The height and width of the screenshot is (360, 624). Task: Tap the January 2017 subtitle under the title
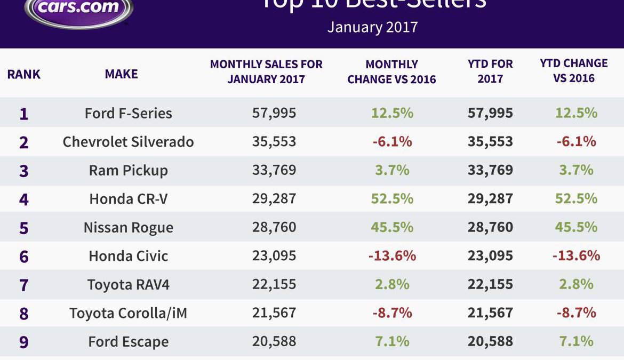coord(372,27)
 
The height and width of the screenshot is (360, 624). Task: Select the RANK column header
coord(23,74)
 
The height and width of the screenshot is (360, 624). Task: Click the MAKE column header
coord(121,74)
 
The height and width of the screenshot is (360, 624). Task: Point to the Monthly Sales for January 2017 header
coord(266,72)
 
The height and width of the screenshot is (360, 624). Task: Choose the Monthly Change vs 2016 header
coord(391,72)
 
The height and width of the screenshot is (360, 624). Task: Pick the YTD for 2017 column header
coord(490,71)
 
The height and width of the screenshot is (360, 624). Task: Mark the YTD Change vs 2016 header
coord(574,70)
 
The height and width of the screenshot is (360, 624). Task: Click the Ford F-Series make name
coord(128,113)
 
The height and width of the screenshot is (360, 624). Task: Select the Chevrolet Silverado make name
coord(128,142)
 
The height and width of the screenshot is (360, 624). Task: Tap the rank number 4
coord(23,199)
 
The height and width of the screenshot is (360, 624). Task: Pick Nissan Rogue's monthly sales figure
coord(274,227)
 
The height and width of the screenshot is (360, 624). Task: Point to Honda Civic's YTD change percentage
coord(576,255)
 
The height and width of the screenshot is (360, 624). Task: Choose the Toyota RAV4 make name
coord(128,284)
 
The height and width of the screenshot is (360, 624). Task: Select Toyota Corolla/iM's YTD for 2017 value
coord(490,313)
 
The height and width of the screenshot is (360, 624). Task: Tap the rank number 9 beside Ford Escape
coord(23,342)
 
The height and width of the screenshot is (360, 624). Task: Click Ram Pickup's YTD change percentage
coord(576,170)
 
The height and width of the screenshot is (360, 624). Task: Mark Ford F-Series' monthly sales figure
coord(274,113)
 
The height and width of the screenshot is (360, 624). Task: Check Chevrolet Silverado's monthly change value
coord(392,142)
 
